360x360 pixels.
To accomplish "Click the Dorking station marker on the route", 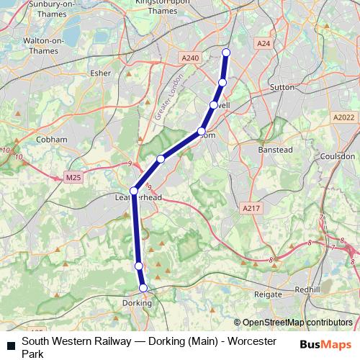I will [x=143, y=288].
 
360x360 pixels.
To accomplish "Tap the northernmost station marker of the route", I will [x=226, y=52].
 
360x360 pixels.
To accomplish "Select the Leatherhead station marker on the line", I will [x=133, y=191].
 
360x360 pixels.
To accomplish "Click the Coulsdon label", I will [x=338, y=156].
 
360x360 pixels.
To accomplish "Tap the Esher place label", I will [x=98, y=73].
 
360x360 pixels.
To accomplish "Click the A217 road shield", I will [x=251, y=208].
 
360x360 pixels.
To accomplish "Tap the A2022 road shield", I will [x=343, y=117].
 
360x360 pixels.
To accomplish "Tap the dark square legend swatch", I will [x=11, y=346].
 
